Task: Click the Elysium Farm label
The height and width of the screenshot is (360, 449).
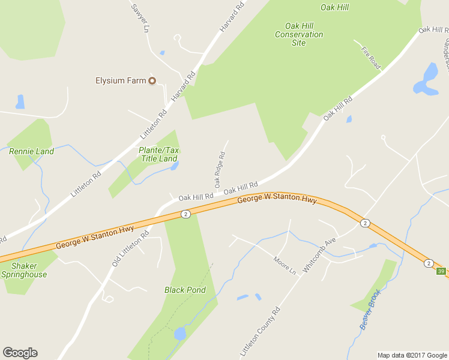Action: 121,80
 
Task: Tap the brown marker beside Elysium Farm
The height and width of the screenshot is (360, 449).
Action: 152,80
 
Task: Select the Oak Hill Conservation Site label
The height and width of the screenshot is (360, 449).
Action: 299,34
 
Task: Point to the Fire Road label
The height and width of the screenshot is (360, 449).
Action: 371,57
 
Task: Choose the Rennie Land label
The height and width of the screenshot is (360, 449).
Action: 31,151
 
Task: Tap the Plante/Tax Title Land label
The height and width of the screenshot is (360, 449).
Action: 159,154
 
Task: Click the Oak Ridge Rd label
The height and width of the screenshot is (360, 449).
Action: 220,169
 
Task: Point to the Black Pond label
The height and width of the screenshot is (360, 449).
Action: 185,290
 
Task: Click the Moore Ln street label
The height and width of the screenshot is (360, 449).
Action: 285,266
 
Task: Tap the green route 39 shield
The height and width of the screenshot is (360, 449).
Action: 441,272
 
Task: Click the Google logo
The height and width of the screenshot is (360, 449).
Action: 20,353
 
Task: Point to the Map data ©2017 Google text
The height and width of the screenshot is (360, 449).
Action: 412,355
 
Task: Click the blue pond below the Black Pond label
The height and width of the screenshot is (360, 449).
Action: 179,334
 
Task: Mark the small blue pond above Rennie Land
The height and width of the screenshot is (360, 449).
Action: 20,101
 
